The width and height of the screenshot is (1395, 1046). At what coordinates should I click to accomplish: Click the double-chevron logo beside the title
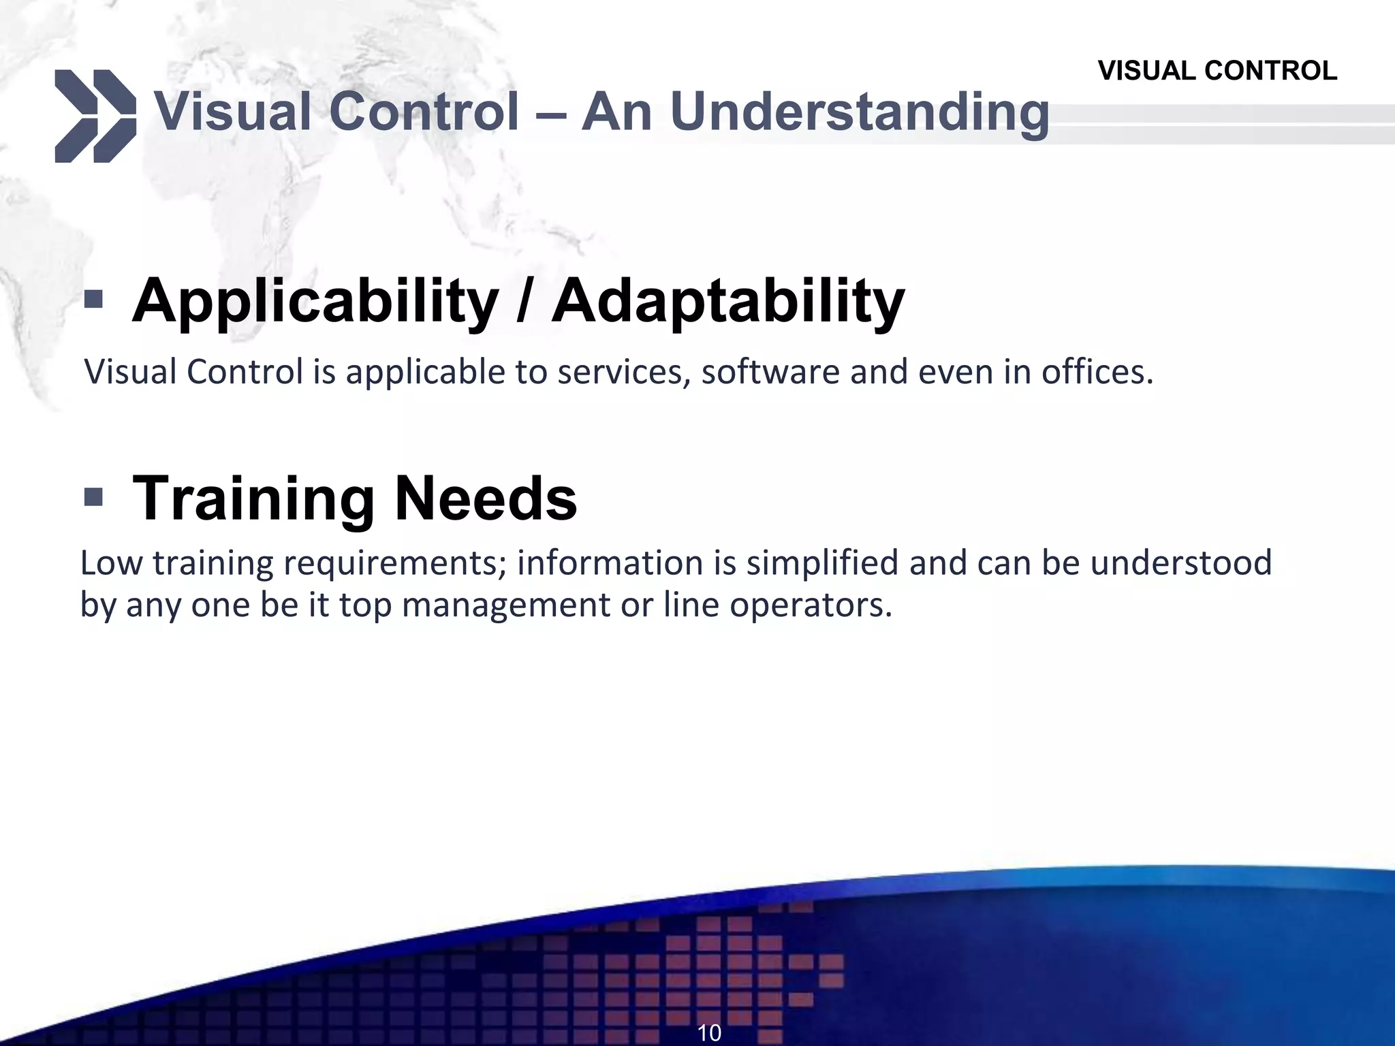point(95,116)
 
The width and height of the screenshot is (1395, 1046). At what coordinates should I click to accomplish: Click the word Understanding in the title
point(859,113)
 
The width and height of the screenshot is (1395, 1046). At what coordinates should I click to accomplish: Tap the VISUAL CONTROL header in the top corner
point(1217,71)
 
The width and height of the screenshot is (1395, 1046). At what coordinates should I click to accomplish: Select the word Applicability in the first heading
point(315,302)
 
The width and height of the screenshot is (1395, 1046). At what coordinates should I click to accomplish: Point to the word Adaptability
point(728,302)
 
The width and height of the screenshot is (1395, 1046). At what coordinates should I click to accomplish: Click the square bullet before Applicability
point(93,299)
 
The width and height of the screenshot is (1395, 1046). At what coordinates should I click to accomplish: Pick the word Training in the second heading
point(253,499)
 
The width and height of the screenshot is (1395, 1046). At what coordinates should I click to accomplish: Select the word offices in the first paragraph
point(1097,372)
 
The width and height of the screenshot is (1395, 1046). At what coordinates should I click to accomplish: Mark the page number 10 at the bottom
point(709,1032)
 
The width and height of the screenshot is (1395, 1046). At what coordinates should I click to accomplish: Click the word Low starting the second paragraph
point(111,563)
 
